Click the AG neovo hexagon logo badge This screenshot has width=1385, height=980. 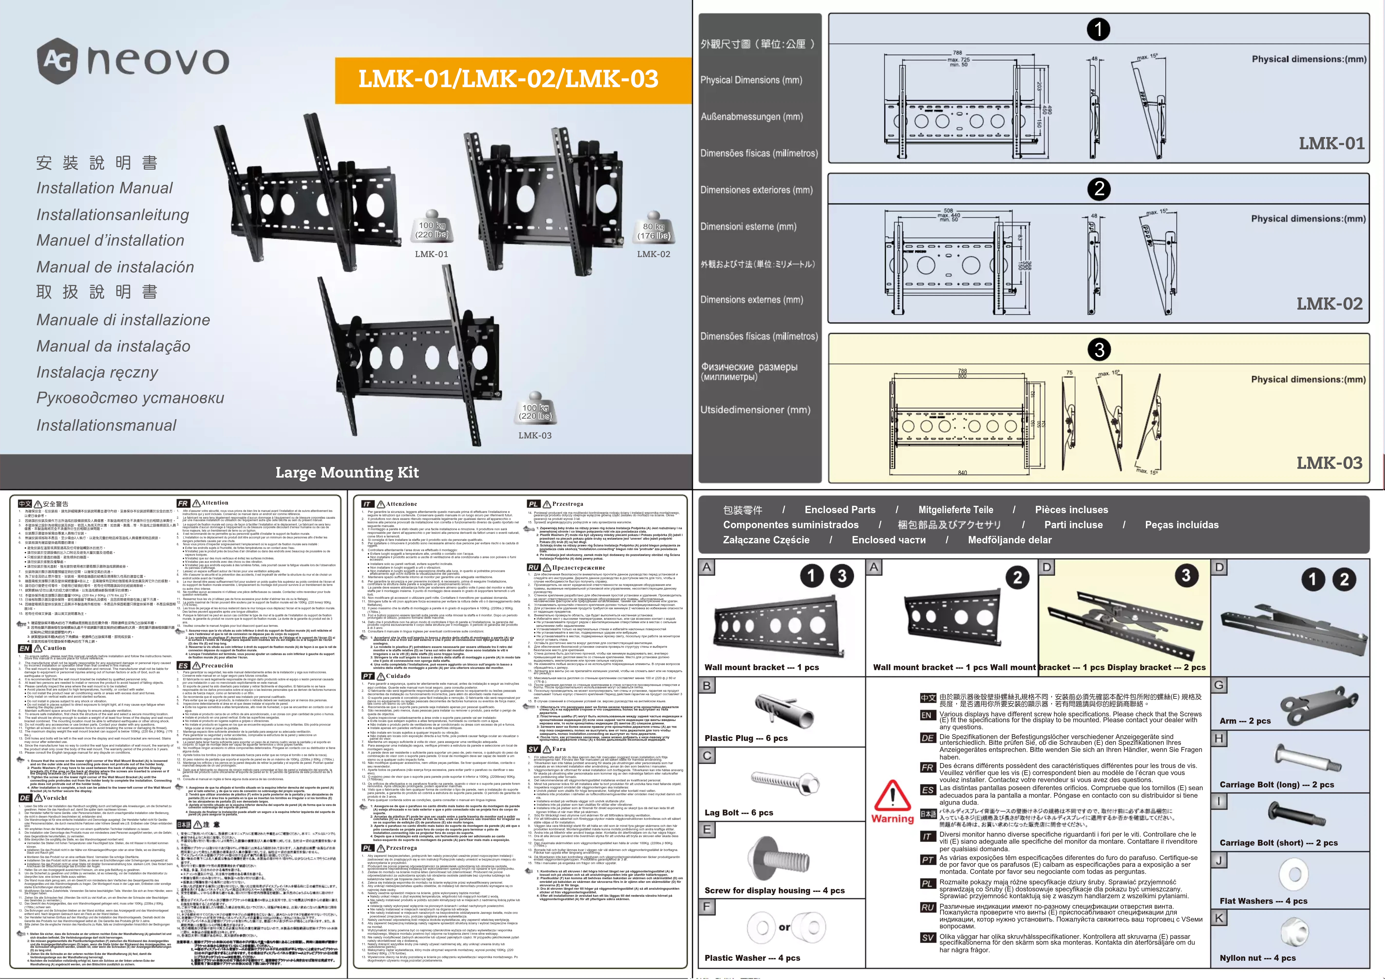point(57,60)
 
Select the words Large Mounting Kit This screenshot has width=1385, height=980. point(347,472)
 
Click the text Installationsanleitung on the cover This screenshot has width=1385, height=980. point(113,215)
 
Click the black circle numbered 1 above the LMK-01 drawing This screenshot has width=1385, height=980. point(1098,29)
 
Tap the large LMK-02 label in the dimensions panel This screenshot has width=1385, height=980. point(1329,304)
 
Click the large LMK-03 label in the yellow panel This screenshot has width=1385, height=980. point(1329,463)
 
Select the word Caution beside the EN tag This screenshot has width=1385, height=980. point(54,648)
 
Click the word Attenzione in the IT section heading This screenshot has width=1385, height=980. point(401,504)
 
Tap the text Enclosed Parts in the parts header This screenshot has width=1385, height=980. point(839,510)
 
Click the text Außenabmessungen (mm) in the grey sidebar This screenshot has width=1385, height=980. point(751,116)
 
